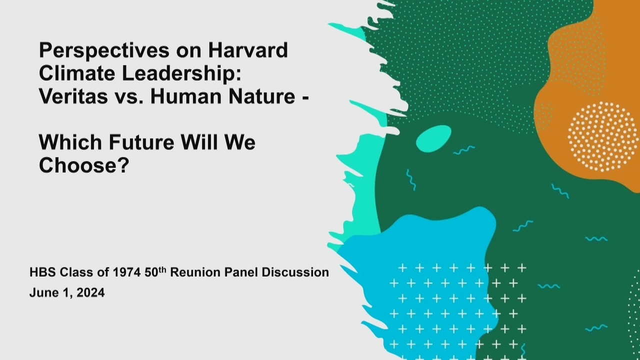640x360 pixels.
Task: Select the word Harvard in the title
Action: [x=248, y=50]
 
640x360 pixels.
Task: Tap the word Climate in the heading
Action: [x=77, y=73]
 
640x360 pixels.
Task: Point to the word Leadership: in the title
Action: [x=181, y=74]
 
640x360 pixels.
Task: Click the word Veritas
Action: [x=73, y=96]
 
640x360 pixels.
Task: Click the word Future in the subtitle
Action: [x=141, y=142]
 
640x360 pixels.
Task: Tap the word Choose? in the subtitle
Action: [x=84, y=165]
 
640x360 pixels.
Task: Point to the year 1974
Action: [x=126, y=272]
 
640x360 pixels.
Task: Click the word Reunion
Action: [x=195, y=272]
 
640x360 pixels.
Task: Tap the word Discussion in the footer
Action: [x=295, y=272]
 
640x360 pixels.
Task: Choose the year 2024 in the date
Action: [x=90, y=293]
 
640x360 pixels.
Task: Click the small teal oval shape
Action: [x=433, y=138]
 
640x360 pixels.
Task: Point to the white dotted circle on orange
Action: [x=602, y=137]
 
